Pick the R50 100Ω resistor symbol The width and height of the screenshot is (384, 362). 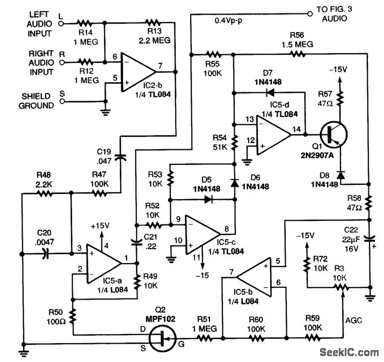(72, 321)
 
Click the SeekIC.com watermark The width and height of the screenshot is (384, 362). (349, 352)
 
